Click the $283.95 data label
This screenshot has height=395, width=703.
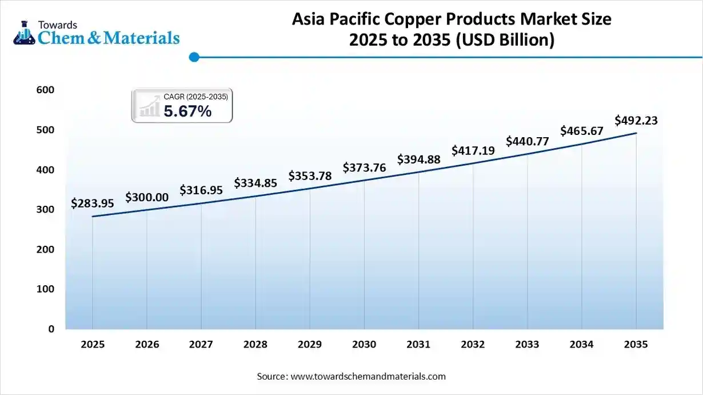click(x=93, y=203)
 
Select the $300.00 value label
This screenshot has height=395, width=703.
click(x=147, y=197)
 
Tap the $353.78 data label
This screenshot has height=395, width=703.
click(x=310, y=175)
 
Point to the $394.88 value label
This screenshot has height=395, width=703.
click(x=419, y=159)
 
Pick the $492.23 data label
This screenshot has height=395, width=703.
click(x=636, y=120)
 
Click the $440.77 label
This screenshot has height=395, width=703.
click(x=527, y=141)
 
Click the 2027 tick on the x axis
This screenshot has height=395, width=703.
click(x=201, y=345)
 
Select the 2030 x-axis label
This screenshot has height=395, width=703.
click(x=364, y=345)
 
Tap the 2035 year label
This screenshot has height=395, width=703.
click(x=636, y=345)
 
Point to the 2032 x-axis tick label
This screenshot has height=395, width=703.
click(x=473, y=345)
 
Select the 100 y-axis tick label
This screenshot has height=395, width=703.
click(x=47, y=289)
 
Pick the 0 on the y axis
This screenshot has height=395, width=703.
click(x=51, y=329)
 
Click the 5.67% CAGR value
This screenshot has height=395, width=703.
click(x=187, y=111)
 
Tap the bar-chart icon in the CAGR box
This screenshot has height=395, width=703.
click(x=150, y=107)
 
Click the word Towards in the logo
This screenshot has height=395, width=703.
click(x=57, y=25)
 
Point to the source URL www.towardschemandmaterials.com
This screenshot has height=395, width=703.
click(x=368, y=376)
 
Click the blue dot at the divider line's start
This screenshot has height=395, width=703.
click(x=194, y=57)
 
